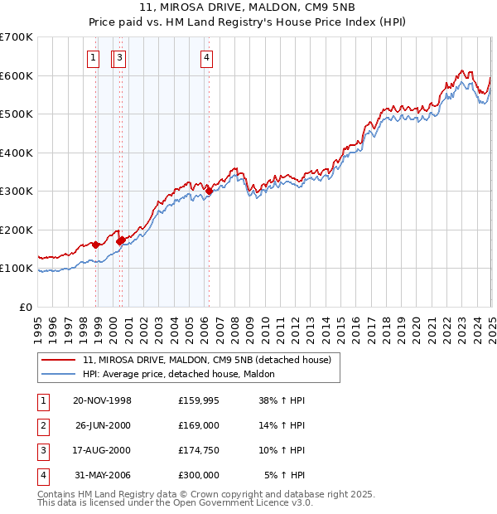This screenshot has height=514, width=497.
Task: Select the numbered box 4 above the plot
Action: click(205, 58)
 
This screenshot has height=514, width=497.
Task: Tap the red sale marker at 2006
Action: click(210, 192)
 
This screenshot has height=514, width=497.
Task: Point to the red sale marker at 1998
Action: click(96, 245)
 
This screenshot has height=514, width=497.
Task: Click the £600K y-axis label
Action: click(17, 75)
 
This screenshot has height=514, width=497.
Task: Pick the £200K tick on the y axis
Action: click(17, 230)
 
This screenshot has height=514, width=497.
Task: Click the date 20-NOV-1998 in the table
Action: click(103, 400)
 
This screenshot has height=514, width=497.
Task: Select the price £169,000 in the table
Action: click(198, 425)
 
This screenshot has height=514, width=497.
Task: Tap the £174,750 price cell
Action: click(198, 450)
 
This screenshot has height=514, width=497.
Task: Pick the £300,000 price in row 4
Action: click(198, 475)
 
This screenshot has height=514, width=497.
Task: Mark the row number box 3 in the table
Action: click(42, 450)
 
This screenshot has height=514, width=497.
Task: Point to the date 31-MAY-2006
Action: click(103, 475)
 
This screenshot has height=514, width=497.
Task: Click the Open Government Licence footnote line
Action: click(176, 503)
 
